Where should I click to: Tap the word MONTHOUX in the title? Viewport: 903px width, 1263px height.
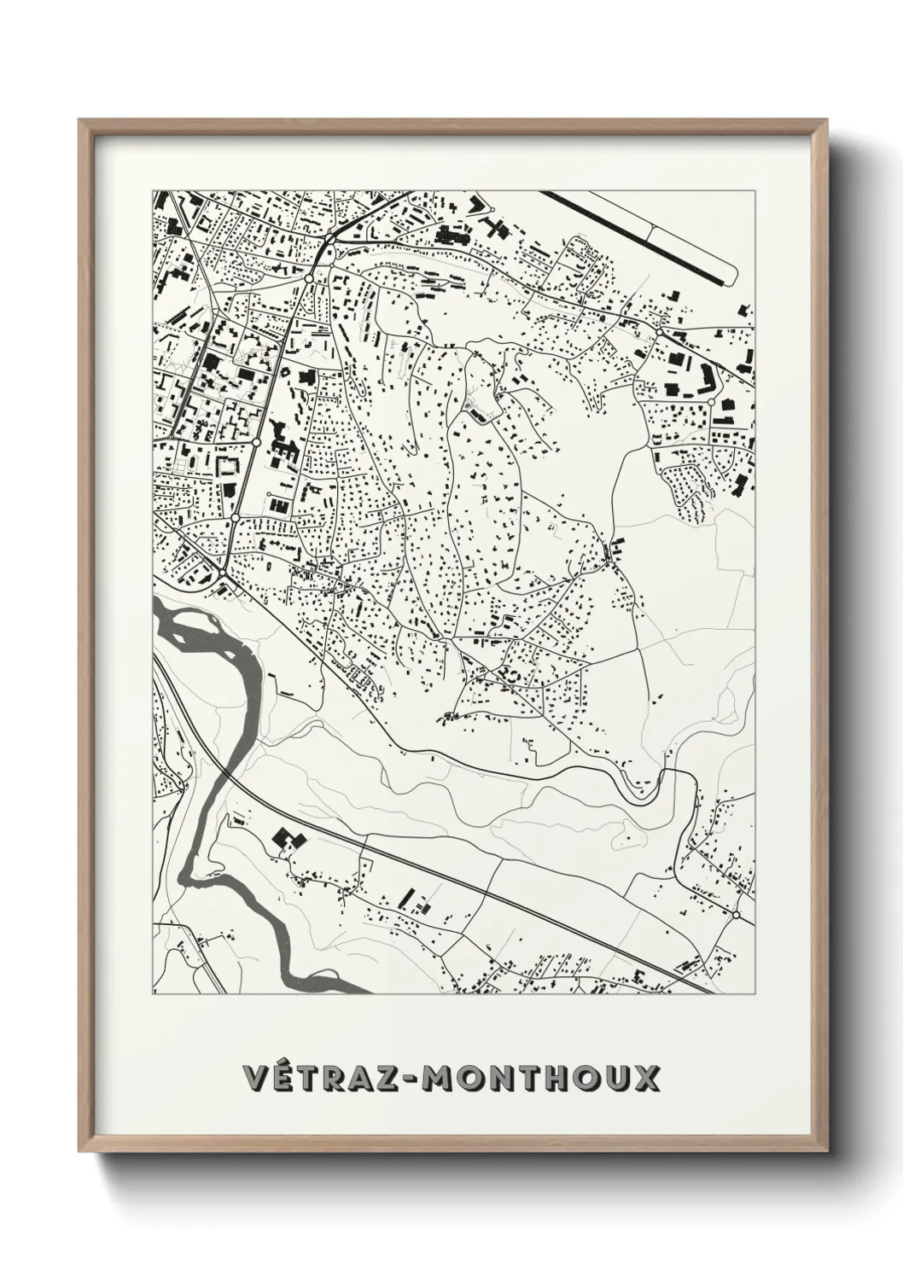click(543, 1077)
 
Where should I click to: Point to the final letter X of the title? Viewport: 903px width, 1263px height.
click(646, 1077)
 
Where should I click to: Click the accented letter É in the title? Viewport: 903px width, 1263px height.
click(284, 1077)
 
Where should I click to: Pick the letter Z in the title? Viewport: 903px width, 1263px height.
click(393, 1077)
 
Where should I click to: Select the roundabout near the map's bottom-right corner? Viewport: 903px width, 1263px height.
click(736, 915)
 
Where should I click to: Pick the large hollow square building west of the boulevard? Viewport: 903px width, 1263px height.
click(228, 467)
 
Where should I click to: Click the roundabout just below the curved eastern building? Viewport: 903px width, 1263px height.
click(710, 401)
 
